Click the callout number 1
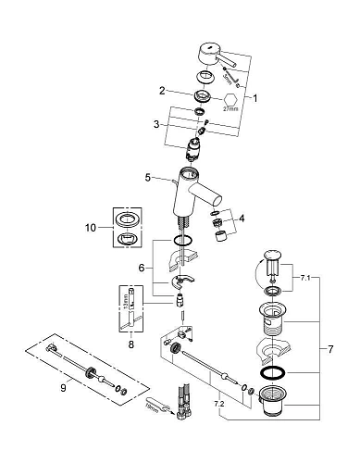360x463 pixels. tap(257, 96)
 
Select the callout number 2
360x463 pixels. tap(161, 91)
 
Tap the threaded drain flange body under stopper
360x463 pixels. tap(272, 318)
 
